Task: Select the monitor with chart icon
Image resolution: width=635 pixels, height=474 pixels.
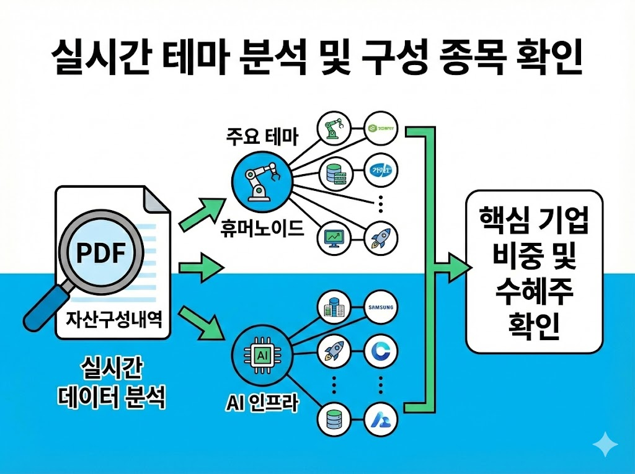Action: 334,237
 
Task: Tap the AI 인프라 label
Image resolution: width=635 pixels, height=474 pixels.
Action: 262,405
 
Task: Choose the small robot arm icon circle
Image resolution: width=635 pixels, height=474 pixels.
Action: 334,129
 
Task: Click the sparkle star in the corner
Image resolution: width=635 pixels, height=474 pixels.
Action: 605,445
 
